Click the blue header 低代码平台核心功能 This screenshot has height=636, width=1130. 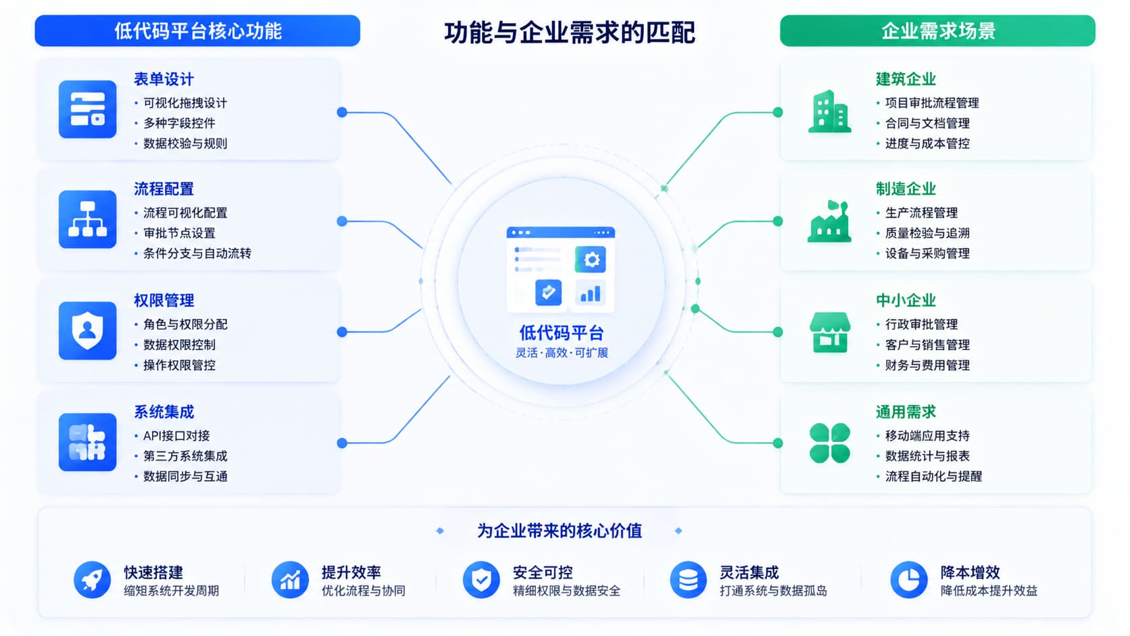(x=197, y=31)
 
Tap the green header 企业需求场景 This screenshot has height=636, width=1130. (x=937, y=31)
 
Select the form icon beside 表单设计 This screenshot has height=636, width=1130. (x=87, y=109)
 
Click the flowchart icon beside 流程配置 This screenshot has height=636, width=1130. (x=87, y=220)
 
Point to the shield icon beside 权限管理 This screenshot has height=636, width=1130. (x=87, y=331)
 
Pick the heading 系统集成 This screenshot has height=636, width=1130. (x=164, y=412)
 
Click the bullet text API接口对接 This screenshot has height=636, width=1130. (x=176, y=436)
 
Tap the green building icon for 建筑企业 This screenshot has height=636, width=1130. (x=829, y=112)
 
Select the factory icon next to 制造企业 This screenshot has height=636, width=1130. (x=829, y=222)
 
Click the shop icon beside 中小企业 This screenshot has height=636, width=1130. (x=830, y=332)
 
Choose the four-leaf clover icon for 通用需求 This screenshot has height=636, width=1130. (x=830, y=443)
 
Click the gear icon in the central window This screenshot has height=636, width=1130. (x=591, y=260)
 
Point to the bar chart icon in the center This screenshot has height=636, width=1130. (x=591, y=293)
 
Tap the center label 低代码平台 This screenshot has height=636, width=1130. (x=562, y=333)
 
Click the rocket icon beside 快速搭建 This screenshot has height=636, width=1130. (x=92, y=580)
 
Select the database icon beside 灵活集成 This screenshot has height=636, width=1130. (x=688, y=580)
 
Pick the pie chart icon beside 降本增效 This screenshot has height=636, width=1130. (x=908, y=580)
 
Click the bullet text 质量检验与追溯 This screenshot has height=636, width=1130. (x=927, y=233)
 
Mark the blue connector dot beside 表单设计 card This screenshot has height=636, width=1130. (x=342, y=112)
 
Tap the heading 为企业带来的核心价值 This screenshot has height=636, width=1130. (x=560, y=531)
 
